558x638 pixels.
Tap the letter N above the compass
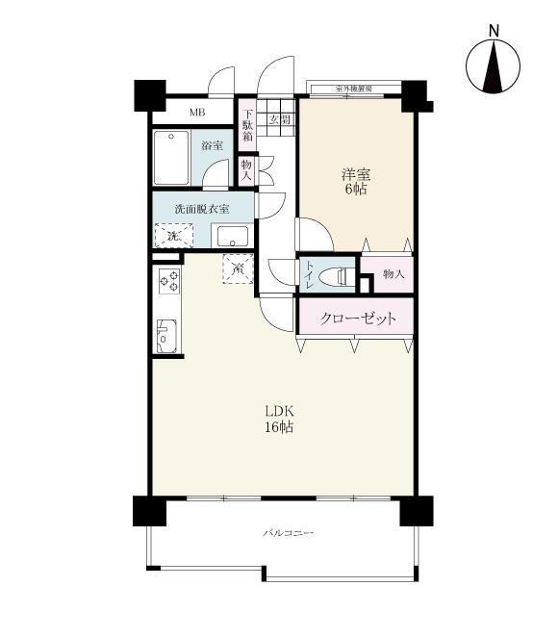(493, 30)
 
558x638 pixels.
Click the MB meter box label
(196, 113)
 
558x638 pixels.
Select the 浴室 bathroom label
(212, 146)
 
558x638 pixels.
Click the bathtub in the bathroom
(172, 157)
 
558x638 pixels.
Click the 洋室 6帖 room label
(355, 182)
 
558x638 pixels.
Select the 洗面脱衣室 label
(201, 209)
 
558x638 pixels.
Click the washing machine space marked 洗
(173, 235)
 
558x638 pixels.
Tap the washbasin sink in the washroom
(231, 237)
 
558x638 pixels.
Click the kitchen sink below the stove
(165, 334)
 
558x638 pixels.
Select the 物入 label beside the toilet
(393, 275)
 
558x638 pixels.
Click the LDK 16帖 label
(280, 419)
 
